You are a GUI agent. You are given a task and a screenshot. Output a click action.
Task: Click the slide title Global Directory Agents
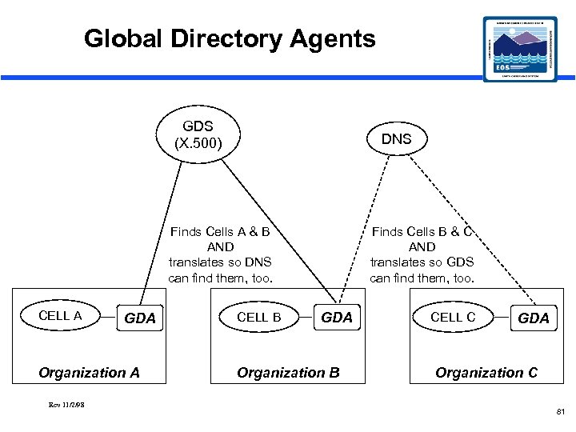[x=230, y=38]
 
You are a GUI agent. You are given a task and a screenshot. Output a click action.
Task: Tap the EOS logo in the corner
[x=521, y=49]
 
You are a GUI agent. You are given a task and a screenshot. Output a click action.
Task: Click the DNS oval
[x=396, y=139]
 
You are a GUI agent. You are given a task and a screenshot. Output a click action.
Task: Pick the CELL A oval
[x=60, y=316]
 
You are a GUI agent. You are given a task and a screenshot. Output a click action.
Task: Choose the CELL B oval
[x=258, y=317]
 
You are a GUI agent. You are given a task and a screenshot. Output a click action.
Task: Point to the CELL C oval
[x=453, y=317]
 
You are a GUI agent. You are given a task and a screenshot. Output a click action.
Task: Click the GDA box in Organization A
[x=140, y=318]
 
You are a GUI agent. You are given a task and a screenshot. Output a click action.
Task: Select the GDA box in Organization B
[x=336, y=318]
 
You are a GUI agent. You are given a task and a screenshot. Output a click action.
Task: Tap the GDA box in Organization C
[x=534, y=318]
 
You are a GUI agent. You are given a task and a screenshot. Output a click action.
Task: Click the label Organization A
[x=89, y=372]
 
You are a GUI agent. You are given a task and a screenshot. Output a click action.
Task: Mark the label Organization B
[x=288, y=372]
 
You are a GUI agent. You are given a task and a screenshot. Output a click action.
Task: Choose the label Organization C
[x=486, y=372]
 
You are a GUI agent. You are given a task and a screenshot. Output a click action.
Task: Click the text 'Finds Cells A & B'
[x=220, y=232]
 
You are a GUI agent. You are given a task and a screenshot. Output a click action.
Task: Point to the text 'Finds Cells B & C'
[x=422, y=232]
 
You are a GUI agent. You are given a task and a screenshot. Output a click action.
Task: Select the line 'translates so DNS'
[x=220, y=262]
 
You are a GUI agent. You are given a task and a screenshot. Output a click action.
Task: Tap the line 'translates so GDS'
[x=422, y=262]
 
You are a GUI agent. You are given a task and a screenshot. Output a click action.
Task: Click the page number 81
[x=559, y=412]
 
